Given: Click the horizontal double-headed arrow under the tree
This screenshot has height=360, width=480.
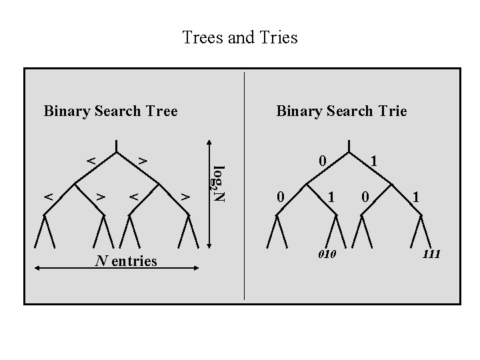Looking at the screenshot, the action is point(117,268).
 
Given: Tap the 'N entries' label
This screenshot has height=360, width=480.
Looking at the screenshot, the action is point(126,261).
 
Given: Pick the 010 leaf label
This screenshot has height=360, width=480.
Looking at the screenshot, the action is point(327,255).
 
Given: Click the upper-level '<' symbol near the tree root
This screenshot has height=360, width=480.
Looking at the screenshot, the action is point(92,161).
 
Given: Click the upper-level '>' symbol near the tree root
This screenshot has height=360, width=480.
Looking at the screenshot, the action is point(142,161).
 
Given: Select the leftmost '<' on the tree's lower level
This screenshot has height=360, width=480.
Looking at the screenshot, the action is point(48,196).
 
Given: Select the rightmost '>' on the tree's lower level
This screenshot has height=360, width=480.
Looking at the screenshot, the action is point(186,196).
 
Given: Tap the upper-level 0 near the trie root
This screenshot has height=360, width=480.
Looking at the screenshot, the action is point(322,161).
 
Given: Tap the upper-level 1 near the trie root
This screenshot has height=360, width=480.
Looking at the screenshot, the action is point(375,161).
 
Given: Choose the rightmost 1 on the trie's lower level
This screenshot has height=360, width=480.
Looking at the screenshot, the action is point(417,197).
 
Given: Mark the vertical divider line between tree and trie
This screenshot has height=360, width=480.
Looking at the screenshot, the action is point(245,187).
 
